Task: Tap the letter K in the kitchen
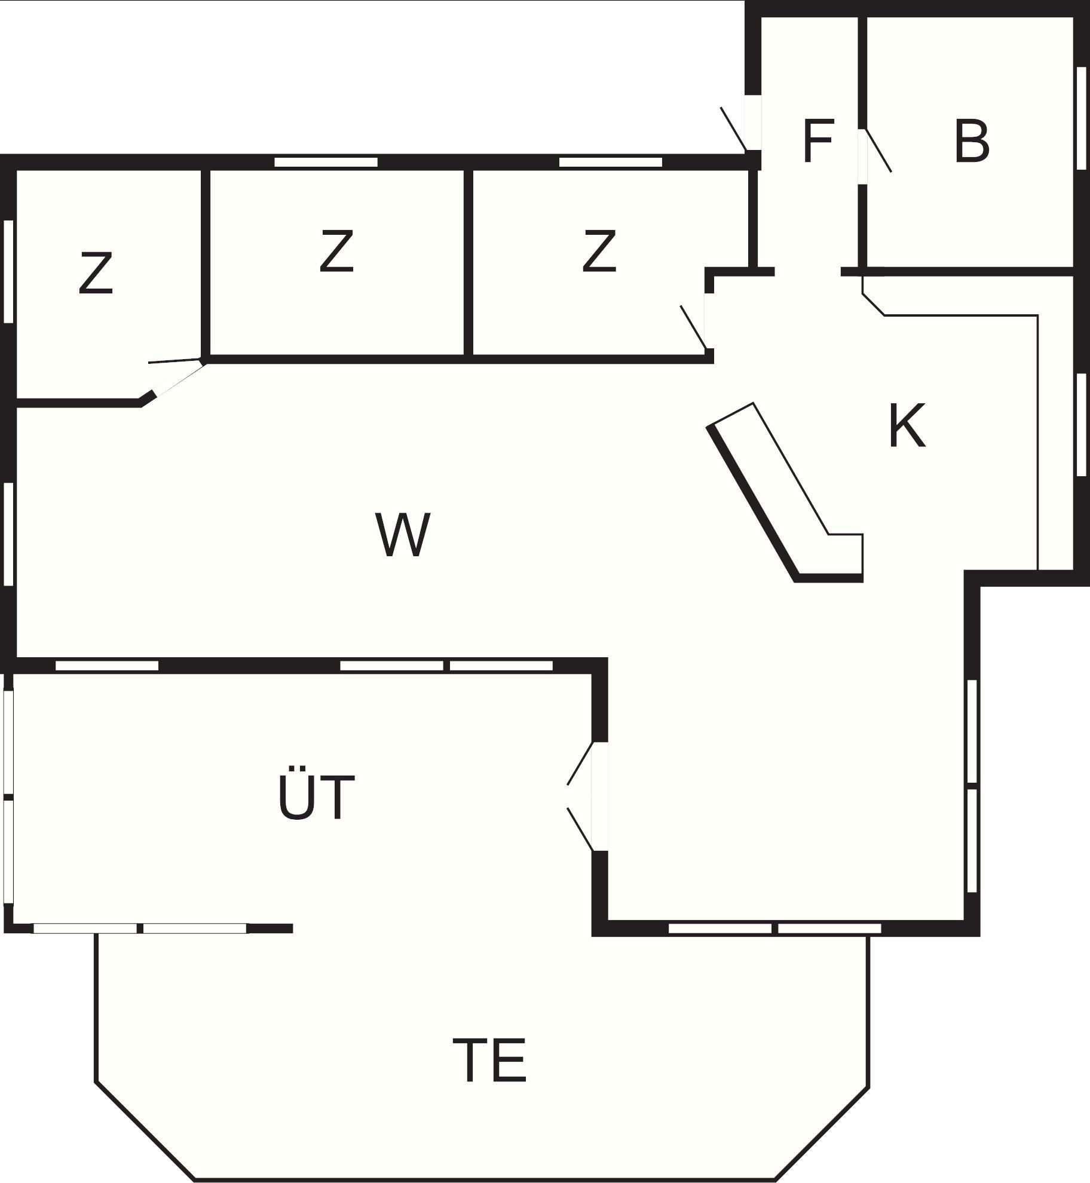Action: coord(907,425)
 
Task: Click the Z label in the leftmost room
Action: coord(96,273)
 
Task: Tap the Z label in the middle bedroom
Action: coord(336,251)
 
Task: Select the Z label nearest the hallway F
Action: coord(599,251)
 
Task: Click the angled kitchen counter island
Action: coord(785,492)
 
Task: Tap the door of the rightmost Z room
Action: coord(694,327)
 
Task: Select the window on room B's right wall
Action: coord(1081,118)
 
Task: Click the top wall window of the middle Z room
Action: coord(326,162)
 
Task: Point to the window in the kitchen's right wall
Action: coord(1081,424)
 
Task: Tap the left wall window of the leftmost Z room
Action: coord(8,272)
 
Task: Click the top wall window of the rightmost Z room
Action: coord(611,162)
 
